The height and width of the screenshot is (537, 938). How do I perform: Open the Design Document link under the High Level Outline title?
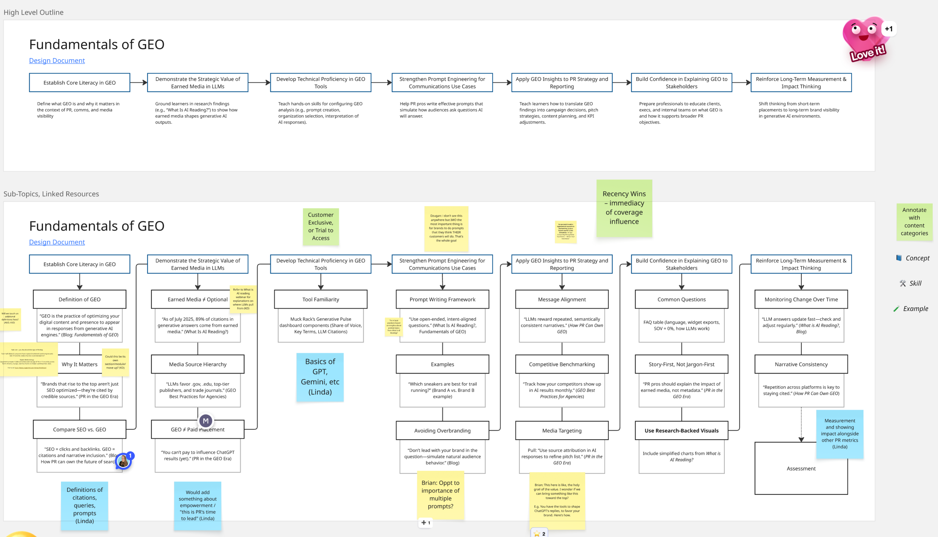pyautogui.click(x=57, y=61)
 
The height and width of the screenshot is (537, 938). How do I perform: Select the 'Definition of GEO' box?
pyautogui.click(x=79, y=299)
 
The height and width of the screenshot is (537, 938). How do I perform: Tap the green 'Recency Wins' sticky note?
pyautogui.click(x=624, y=208)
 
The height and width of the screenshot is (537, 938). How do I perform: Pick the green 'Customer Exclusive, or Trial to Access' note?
pyautogui.click(x=321, y=226)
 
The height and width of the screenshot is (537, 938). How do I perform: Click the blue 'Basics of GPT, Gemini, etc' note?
pyautogui.click(x=320, y=376)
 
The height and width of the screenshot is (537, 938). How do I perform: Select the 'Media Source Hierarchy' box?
pyautogui.click(x=198, y=364)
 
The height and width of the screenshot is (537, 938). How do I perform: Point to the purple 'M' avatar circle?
pyautogui.click(x=205, y=421)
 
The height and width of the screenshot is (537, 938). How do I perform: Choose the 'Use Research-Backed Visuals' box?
pyautogui.click(x=681, y=430)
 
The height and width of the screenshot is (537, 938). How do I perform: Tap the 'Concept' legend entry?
pyautogui.click(x=913, y=258)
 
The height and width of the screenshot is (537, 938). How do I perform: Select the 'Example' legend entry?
pyautogui.click(x=911, y=309)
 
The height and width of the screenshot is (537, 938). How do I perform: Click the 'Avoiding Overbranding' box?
pyautogui.click(x=442, y=430)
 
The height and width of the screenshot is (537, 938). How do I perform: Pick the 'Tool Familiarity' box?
pyautogui.click(x=321, y=299)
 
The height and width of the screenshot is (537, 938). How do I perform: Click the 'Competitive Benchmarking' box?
pyautogui.click(x=562, y=364)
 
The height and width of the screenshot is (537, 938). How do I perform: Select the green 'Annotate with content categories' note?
pyautogui.click(x=914, y=222)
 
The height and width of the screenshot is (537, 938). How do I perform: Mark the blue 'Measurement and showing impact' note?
pyautogui.click(x=839, y=433)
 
